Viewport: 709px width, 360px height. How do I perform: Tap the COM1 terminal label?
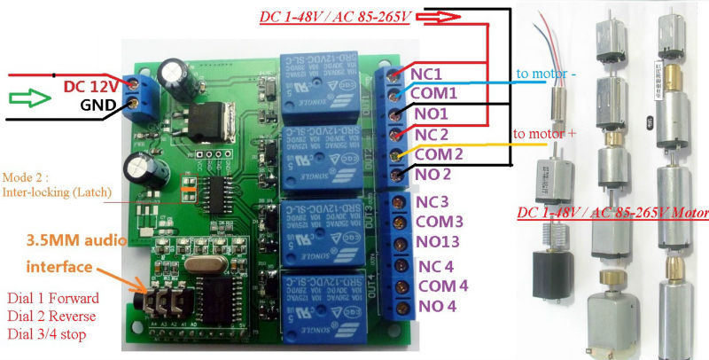436,93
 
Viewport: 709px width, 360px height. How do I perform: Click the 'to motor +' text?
544,134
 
